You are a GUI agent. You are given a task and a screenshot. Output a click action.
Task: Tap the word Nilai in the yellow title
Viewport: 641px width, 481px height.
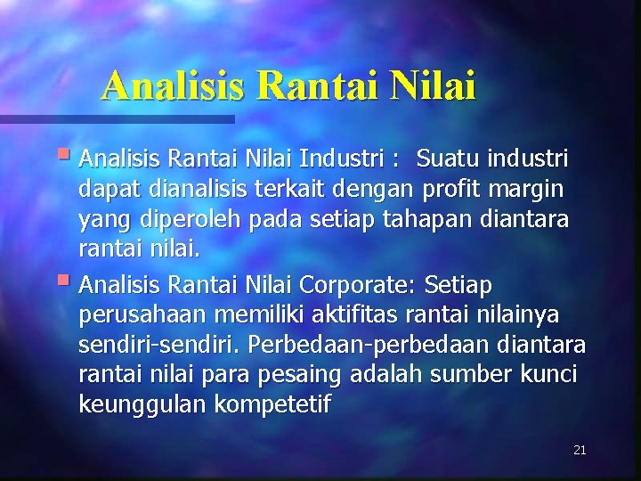431,86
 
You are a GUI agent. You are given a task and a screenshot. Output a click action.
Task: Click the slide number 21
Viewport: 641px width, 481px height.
580,450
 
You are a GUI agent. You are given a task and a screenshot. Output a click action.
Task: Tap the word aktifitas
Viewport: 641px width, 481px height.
353,314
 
